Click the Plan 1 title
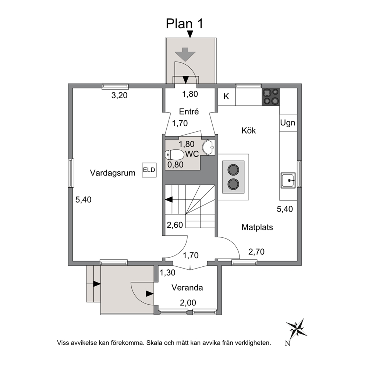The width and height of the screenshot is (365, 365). point(184,24)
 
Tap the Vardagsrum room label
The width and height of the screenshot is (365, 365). point(113,173)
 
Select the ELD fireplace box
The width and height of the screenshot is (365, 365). point(149,170)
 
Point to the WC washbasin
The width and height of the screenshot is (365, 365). point(209,147)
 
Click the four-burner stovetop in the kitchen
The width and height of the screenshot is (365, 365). point(271,97)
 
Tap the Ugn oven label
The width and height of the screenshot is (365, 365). point(288,123)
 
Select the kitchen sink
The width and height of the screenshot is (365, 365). point(288,180)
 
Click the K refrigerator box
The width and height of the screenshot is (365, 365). point(227,97)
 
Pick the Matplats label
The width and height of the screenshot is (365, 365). point(257,227)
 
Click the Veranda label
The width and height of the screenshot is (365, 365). point(187,288)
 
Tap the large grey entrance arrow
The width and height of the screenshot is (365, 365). point(185,54)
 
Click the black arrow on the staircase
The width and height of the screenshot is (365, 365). point(169,199)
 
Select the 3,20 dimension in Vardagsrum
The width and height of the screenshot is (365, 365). point(120,95)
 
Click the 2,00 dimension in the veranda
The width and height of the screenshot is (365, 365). point(188,303)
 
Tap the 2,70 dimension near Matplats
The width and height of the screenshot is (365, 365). point(256,252)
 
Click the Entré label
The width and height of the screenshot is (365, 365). point(189,112)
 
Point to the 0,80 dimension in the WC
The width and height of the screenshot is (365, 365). point(176,165)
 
